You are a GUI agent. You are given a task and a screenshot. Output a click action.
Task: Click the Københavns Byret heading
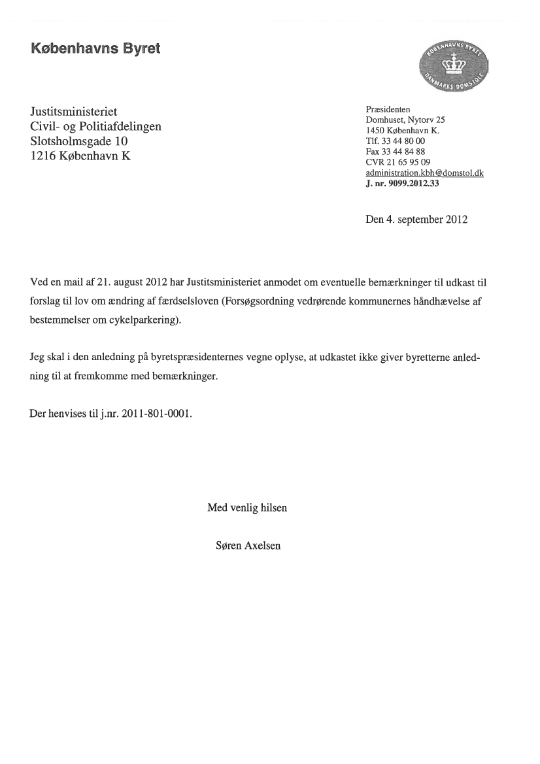95,49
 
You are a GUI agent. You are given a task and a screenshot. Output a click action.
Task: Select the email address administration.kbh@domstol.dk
424,173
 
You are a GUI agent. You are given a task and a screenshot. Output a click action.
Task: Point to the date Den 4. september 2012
416,220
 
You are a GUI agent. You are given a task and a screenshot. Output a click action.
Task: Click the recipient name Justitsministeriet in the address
74,112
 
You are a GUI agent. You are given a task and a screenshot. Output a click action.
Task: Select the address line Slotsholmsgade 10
80,141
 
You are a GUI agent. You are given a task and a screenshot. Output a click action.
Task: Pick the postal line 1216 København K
80,156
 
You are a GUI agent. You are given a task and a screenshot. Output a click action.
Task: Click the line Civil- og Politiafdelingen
95,126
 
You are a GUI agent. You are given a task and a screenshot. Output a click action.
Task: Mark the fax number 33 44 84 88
404,151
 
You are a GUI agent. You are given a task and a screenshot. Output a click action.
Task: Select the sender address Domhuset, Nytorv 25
405,120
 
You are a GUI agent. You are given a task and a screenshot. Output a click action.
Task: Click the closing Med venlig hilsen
247,507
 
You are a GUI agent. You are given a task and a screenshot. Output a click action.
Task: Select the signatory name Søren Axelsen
248,546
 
